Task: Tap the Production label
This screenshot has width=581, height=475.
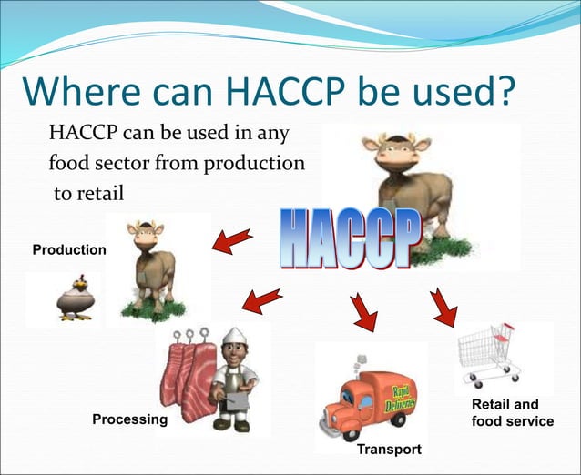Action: click(x=69, y=249)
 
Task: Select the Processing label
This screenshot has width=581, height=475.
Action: click(x=130, y=419)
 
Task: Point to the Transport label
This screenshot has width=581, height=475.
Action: click(x=389, y=450)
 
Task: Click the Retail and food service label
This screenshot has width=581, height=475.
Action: click(x=512, y=413)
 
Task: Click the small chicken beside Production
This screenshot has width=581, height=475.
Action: click(x=70, y=297)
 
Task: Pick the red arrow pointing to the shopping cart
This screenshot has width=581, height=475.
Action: click(x=443, y=307)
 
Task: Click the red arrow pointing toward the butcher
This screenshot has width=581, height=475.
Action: click(x=262, y=298)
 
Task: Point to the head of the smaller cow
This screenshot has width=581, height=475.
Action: click(x=145, y=234)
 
